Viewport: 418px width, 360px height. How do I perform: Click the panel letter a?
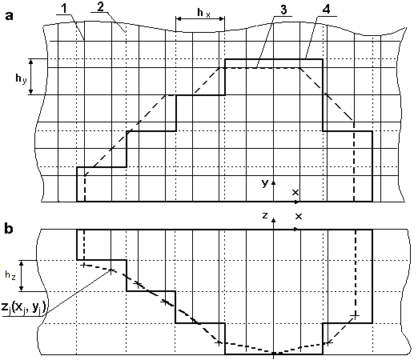click(x=9, y=16)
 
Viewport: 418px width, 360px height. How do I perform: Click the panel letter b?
click(x=9, y=229)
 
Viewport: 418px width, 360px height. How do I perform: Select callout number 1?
click(x=65, y=9)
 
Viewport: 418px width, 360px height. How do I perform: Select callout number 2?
click(x=100, y=7)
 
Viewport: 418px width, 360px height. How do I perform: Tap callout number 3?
click(x=283, y=10)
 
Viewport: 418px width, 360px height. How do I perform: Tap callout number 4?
click(x=326, y=10)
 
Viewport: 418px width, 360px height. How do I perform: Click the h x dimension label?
click(x=203, y=13)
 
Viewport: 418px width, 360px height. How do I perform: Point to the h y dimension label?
click(x=21, y=79)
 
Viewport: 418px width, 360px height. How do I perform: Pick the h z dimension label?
click(x=10, y=276)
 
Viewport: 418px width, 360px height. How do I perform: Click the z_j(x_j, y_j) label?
click(x=24, y=307)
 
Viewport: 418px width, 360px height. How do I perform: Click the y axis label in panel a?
click(x=265, y=183)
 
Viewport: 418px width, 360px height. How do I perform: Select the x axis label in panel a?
click(x=295, y=192)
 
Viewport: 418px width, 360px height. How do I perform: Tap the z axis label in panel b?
click(x=265, y=215)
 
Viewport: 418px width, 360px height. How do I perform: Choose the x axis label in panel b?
click(x=299, y=216)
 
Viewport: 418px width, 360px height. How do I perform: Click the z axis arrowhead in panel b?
click(x=273, y=219)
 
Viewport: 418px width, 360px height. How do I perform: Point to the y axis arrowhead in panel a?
click(x=273, y=182)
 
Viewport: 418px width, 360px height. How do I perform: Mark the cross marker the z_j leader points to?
click(x=111, y=270)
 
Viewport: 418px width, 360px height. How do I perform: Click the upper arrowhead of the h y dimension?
click(x=31, y=62)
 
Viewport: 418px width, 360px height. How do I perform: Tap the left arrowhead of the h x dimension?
click(x=179, y=18)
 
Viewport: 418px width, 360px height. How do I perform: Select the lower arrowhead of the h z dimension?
click(x=22, y=289)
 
